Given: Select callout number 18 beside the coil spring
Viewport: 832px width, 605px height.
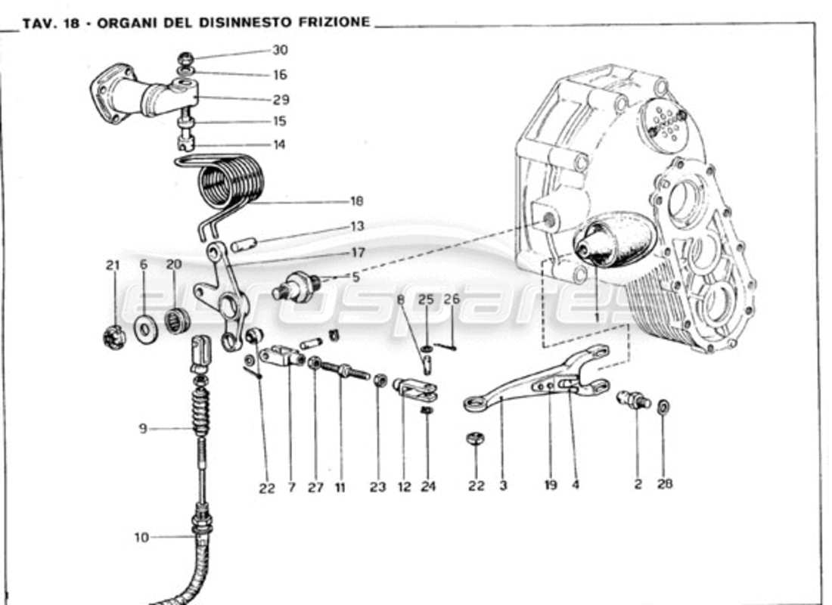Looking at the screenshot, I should (356, 201).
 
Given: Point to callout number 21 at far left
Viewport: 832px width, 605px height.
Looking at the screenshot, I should (113, 265).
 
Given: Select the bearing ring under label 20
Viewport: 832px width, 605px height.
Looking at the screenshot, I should (178, 321).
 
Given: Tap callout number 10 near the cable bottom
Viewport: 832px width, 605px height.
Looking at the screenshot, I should (142, 538).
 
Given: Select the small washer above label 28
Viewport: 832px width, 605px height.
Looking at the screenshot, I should (663, 407).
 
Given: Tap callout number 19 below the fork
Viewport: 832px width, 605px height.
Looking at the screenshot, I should (551, 485).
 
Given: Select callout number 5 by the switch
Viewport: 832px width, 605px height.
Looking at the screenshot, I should (355, 277).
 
